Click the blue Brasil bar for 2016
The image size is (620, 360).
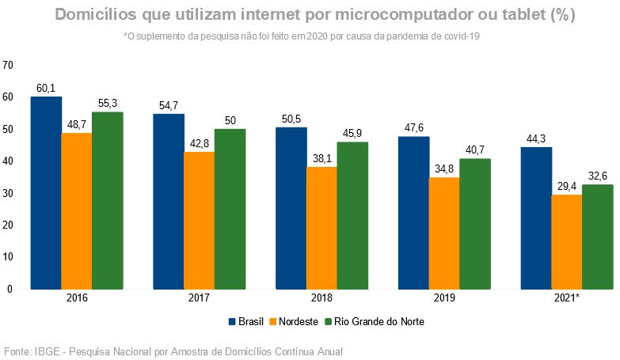(46, 193)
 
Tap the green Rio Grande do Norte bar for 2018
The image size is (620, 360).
(352, 215)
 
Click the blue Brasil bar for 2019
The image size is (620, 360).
(413, 213)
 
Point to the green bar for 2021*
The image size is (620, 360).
(597, 237)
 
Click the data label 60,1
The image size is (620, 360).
(46, 89)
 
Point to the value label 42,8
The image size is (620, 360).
(199, 144)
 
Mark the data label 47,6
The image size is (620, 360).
(413, 128)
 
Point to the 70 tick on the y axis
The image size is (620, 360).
(8, 65)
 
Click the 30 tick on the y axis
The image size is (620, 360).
(8, 193)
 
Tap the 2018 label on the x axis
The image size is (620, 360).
(321, 299)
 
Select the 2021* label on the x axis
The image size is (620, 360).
(566, 299)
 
